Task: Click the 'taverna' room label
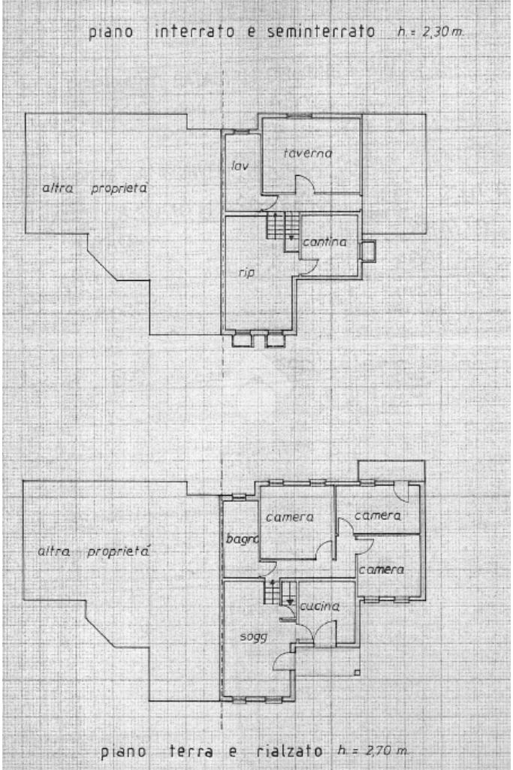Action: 308,153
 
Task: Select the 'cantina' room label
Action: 324,243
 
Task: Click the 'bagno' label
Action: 242,539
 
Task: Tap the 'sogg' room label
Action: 248,636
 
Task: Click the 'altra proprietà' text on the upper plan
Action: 94,189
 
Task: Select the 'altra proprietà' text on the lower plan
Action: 94,552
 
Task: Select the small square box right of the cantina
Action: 369,250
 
